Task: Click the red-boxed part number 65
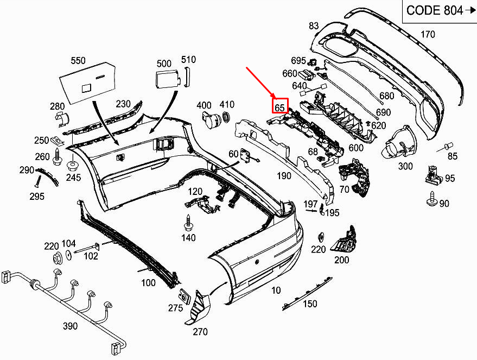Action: (279, 106)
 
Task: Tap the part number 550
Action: (78, 61)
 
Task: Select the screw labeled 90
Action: (433, 200)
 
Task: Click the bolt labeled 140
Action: (188, 223)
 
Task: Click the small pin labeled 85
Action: (448, 146)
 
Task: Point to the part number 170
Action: (428, 34)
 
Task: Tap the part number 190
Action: (283, 175)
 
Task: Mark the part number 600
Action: (356, 148)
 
